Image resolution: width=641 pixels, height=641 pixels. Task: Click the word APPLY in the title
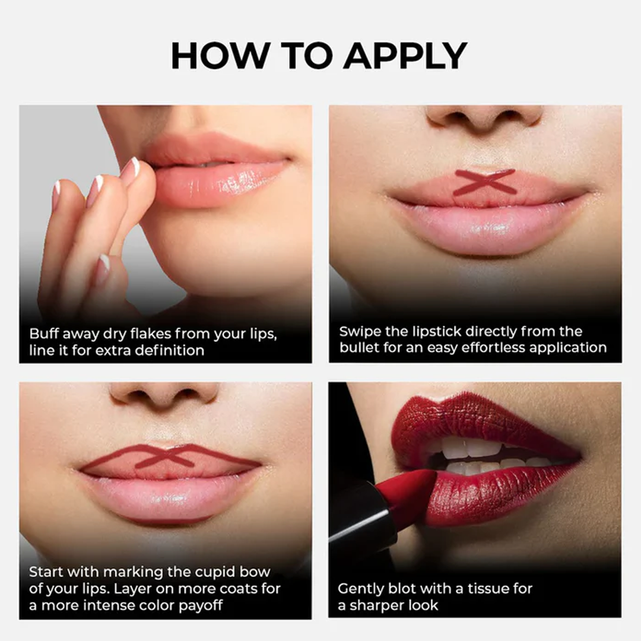click(405, 56)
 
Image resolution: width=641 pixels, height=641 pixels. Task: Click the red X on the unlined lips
click(485, 182)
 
